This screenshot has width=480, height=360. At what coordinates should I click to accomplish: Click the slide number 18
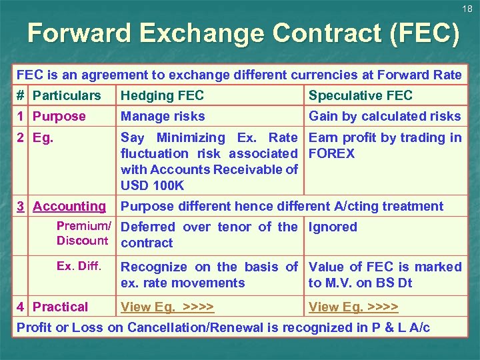click(x=467, y=9)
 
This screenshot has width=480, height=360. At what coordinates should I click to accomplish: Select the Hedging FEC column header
click(x=162, y=95)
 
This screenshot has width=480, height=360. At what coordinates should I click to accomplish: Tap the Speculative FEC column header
click(x=361, y=95)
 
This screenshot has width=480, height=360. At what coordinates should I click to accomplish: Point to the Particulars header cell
click(x=67, y=95)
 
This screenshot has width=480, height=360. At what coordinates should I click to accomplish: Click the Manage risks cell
click(x=163, y=116)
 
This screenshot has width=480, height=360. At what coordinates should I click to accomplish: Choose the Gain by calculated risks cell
click(x=385, y=116)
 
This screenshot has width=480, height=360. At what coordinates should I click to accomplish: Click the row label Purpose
click(x=59, y=116)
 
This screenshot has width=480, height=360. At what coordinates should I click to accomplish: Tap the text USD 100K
click(x=152, y=185)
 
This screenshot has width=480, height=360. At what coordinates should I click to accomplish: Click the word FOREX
click(x=332, y=153)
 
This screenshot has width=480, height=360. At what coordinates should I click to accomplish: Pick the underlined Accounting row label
click(x=69, y=206)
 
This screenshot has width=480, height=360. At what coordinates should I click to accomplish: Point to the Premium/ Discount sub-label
click(x=83, y=233)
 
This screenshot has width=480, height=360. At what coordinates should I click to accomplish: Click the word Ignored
click(x=333, y=227)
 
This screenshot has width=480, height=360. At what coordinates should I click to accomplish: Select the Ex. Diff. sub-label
click(x=79, y=266)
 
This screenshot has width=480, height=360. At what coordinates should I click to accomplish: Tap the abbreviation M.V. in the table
click(x=339, y=283)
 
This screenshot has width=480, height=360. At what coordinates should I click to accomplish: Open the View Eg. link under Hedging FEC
click(x=167, y=307)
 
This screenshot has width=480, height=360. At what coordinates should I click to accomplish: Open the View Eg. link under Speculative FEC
click(x=353, y=307)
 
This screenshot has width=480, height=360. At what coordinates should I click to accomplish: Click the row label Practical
click(x=60, y=307)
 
